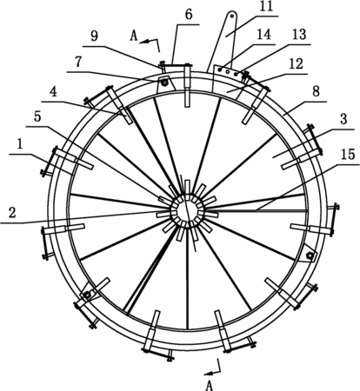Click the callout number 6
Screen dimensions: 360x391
(189, 14)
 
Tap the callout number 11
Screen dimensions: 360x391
(266, 6)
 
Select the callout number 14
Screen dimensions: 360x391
(263, 34)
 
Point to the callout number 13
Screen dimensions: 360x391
(299, 35)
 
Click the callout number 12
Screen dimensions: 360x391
(296, 64)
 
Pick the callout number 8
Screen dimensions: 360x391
(317, 91)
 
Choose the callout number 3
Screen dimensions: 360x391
(343, 119)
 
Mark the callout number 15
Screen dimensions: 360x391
(348, 154)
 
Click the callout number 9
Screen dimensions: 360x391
(95, 36)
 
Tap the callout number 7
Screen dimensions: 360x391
(78, 62)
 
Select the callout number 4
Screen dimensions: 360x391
(53, 92)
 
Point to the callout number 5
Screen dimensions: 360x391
(37, 116)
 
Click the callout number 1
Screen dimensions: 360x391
(19, 145)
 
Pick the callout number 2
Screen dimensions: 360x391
(12, 213)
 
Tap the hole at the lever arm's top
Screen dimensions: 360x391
(232, 16)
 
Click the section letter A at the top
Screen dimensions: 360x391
(134, 36)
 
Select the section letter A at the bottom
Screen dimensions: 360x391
(210, 386)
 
